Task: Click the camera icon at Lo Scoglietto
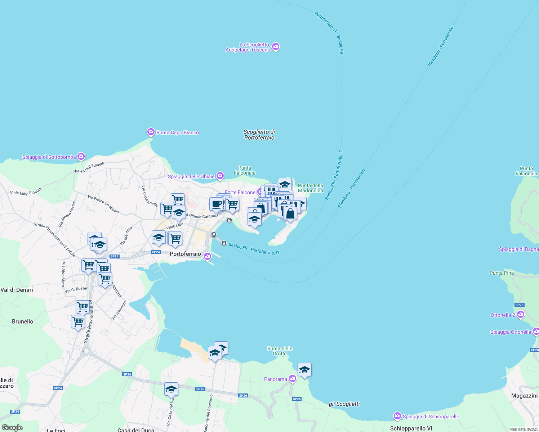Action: tap(276, 47)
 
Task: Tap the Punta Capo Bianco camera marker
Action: tap(151, 132)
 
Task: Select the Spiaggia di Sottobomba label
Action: tap(49, 157)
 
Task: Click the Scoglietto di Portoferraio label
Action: tap(259, 135)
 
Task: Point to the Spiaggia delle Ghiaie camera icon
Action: tap(220, 176)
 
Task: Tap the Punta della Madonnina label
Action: tap(311, 188)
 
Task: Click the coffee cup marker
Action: tap(217, 204)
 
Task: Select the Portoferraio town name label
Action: tap(185, 254)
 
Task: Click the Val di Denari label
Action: tap(17, 290)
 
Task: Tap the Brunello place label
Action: tap(22, 321)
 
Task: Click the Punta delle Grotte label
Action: tap(280, 351)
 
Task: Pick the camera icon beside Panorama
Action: tap(293, 378)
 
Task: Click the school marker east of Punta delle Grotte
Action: tap(304, 370)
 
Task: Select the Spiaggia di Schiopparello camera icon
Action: tap(397, 416)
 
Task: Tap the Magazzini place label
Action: tap(524, 396)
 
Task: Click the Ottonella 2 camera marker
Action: tap(521, 315)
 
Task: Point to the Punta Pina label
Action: tap(502, 273)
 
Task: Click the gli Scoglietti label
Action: tap(344, 404)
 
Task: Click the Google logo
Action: tap(12, 428)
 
